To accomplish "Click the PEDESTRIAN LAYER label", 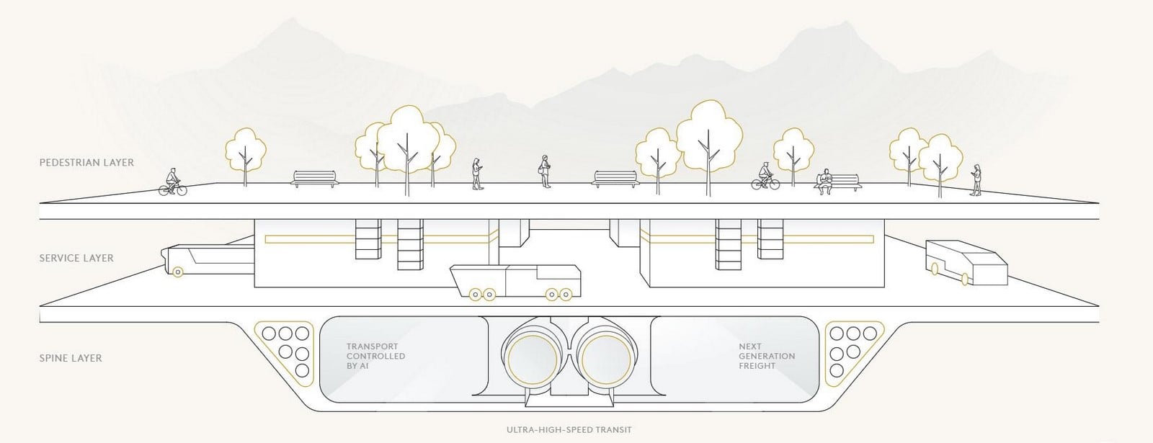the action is coord(86,163).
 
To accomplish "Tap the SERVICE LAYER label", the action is coord(76,259).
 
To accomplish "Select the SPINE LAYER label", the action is coord(71,358).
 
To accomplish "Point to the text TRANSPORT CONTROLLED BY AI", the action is coord(375,356).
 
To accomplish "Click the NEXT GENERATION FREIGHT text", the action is coord(767,356).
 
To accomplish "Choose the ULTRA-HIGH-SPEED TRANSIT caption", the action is coord(569,429).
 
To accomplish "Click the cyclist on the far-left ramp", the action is coord(172,182).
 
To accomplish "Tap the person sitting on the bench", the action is coord(825,182).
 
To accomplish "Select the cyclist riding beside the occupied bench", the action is coord(765,176).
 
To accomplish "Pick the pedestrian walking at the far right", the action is coord(976,180).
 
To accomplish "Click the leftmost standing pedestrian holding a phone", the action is coord(477,174).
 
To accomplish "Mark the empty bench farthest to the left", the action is coord(315,179).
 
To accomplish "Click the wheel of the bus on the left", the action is coord(177,272).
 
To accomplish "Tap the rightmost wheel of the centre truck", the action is coord(566,295).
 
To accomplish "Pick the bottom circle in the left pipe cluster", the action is coord(302,370).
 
